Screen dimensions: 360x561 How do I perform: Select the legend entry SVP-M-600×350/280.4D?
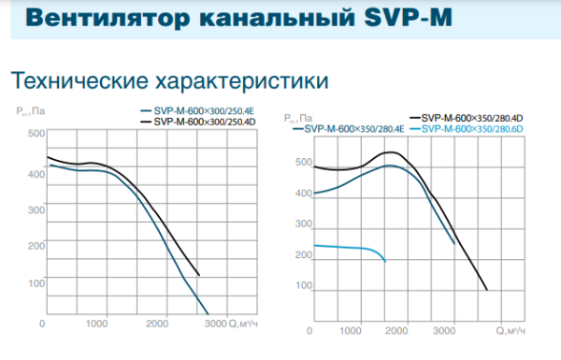471,117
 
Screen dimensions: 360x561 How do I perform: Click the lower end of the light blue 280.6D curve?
385,261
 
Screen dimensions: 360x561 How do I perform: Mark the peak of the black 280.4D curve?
392,151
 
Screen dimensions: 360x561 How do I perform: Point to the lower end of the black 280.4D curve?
487,290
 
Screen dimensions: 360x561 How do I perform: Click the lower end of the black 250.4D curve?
199,276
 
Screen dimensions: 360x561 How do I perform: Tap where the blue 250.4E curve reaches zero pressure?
208,314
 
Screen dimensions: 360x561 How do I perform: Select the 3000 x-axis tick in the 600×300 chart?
214,324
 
